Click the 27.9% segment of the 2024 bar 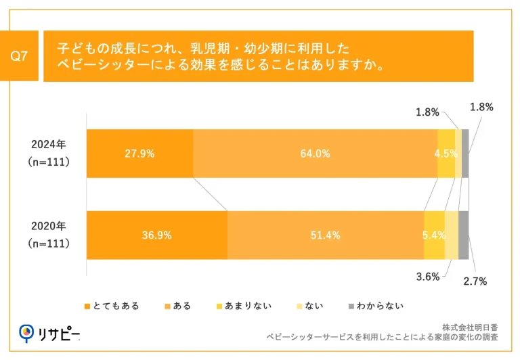tap(139, 154)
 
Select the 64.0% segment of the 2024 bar tap(315, 154)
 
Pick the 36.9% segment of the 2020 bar tap(156, 235)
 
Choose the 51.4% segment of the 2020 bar tap(325, 235)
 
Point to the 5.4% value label tap(434, 235)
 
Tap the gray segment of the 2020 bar tap(463, 235)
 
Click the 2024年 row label tap(49, 144)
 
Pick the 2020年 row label tap(49, 226)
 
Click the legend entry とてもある tap(112, 306)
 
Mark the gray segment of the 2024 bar tap(465, 154)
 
